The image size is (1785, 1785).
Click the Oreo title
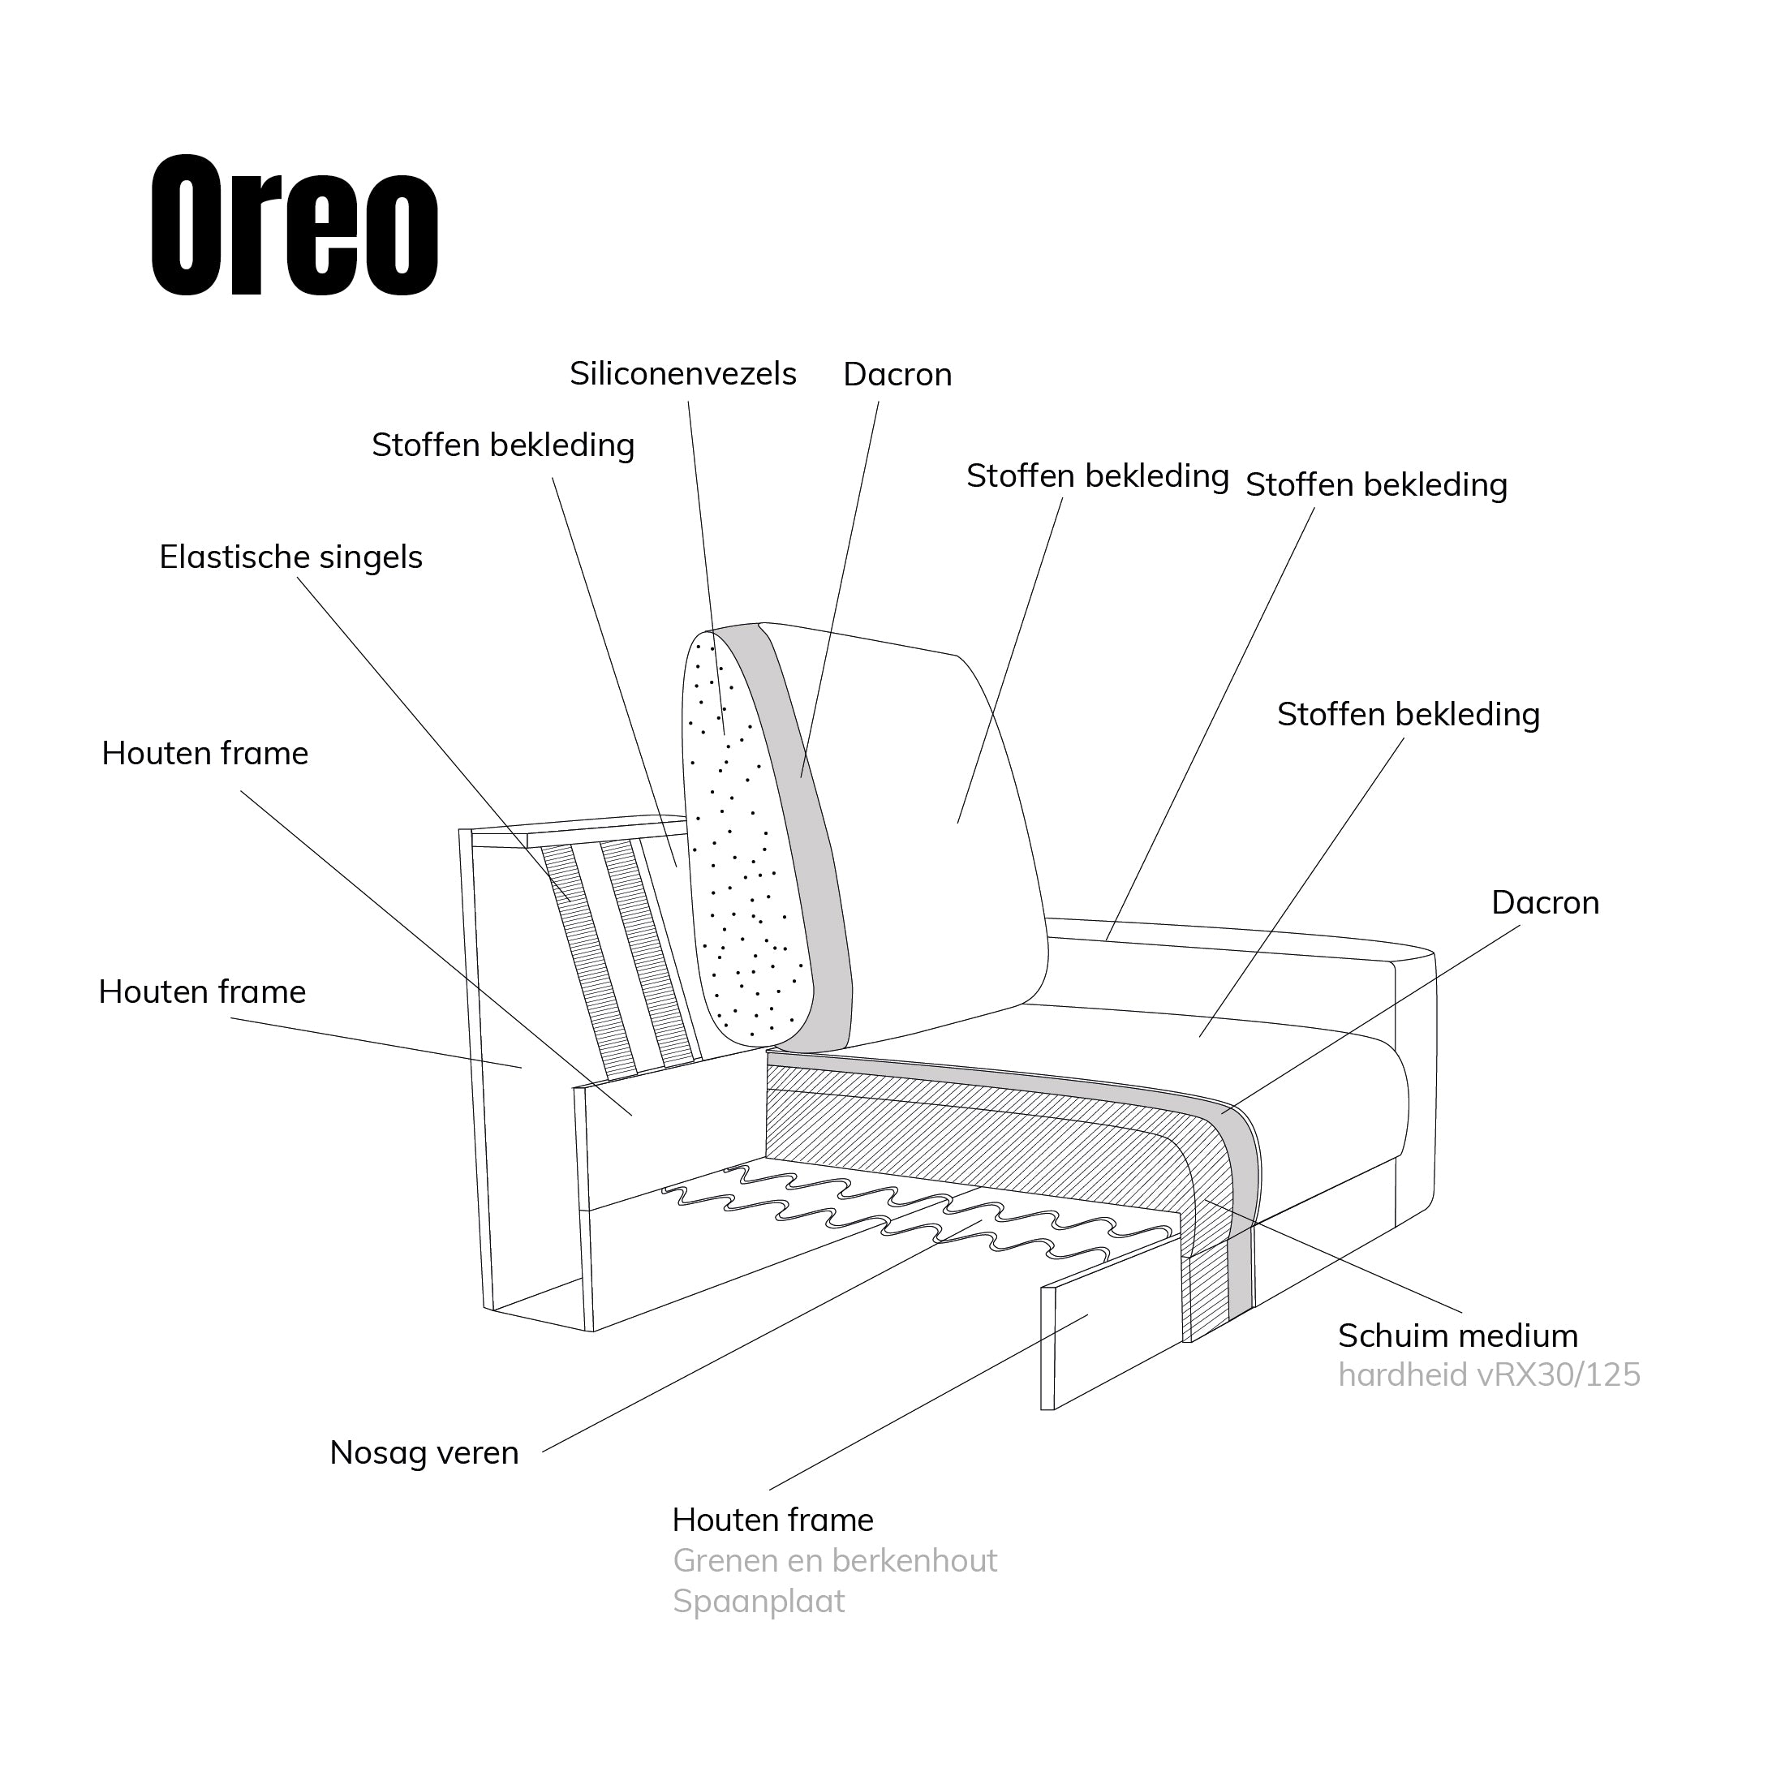[x=294, y=226]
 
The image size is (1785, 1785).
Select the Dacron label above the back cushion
[x=897, y=375]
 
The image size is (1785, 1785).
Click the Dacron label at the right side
[x=1545, y=903]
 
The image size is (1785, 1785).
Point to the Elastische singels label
[x=290, y=557]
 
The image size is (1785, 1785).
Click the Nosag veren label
[x=424, y=1452]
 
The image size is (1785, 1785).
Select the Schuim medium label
[x=1458, y=1336]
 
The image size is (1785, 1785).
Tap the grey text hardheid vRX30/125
[x=1488, y=1374]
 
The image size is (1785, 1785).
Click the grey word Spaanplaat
[x=759, y=1601]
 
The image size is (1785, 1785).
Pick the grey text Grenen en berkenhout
[x=834, y=1560]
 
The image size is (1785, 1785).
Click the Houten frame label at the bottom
[x=772, y=1520]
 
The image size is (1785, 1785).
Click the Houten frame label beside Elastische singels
[x=204, y=754]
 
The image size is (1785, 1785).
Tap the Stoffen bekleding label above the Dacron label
[x=1408, y=714]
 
